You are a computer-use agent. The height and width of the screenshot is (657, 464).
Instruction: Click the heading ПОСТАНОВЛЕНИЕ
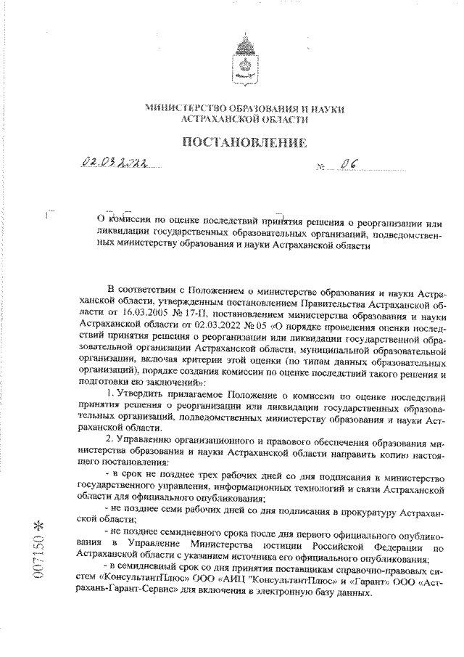pyautogui.click(x=244, y=142)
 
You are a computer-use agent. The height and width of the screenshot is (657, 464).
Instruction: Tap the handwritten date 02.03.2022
pyautogui.click(x=113, y=167)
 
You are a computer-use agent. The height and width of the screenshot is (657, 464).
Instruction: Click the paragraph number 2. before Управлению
pyautogui.click(x=109, y=440)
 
